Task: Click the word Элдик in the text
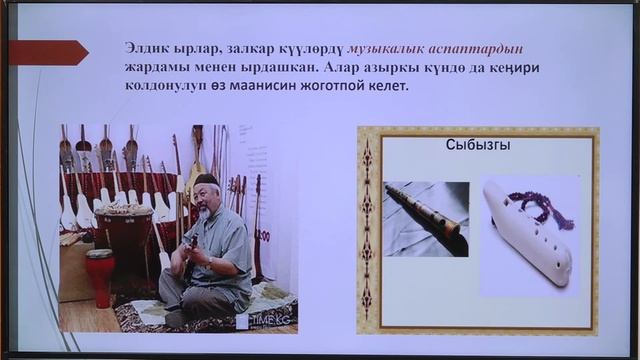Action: point(146,47)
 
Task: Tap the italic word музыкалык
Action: point(389,47)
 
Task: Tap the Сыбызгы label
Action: point(478,146)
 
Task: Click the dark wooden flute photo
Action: point(426,217)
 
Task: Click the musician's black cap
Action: point(206,179)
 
